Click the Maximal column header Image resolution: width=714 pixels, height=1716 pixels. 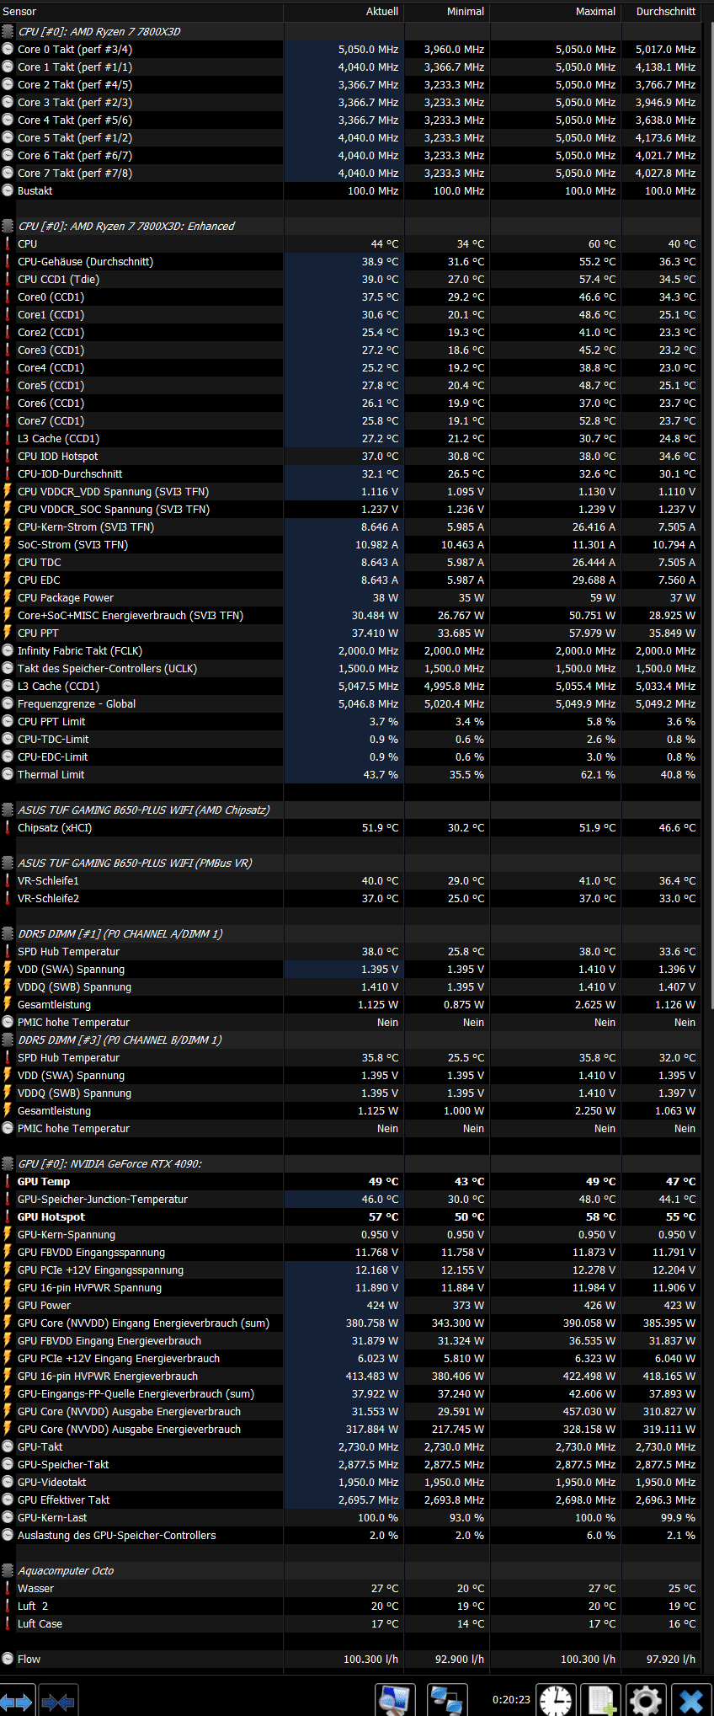click(x=595, y=12)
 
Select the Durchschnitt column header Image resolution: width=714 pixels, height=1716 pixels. click(x=665, y=12)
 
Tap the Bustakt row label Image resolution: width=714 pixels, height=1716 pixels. click(x=35, y=191)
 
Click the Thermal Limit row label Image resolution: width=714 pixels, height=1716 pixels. click(x=51, y=775)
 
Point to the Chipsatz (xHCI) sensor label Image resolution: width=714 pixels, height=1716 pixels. click(x=55, y=828)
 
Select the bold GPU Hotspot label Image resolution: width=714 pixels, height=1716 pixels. click(x=51, y=1217)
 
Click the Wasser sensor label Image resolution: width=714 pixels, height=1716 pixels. click(x=35, y=1589)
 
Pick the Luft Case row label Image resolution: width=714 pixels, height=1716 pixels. click(x=40, y=1624)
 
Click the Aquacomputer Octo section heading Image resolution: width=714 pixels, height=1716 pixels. click(x=66, y=1571)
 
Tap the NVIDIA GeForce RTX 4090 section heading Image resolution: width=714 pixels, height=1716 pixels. click(x=109, y=1164)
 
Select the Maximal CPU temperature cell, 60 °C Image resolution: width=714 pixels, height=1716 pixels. click(x=601, y=244)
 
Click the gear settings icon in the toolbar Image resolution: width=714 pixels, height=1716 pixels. click(x=646, y=1700)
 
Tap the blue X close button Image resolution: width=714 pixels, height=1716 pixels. click(x=691, y=1700)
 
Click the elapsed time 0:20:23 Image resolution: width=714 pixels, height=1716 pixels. click(x=511, y=1700)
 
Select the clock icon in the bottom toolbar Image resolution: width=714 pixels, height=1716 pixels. click(x=556, y=1700)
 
